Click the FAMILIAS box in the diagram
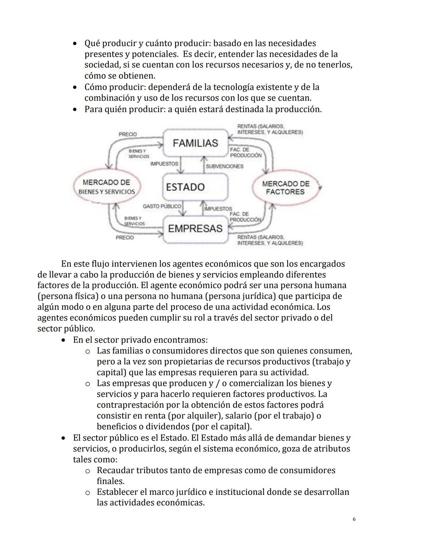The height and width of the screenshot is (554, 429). (x=195, y=143)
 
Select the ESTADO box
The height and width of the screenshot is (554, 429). (x=195, y=187)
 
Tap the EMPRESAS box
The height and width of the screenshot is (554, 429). (x=195, y=228)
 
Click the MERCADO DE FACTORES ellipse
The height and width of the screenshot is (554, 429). (x=285, y=188)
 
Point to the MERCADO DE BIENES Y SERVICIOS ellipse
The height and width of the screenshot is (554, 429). (x=106, y=187)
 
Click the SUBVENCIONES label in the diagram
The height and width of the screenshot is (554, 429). (x=224, y=166)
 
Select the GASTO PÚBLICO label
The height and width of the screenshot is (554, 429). (x=162, y=206)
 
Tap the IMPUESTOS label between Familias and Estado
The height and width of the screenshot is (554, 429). (x=164, y=164)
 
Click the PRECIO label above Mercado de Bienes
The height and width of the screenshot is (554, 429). (x=128, y=134)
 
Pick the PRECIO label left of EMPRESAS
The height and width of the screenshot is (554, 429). (x=125, y=238)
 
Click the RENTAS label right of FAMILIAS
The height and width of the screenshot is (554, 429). (x=270, y=129)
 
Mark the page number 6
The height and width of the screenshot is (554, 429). (x=354, y=519)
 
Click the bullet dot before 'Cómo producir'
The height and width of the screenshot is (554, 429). (x=74, y=87)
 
